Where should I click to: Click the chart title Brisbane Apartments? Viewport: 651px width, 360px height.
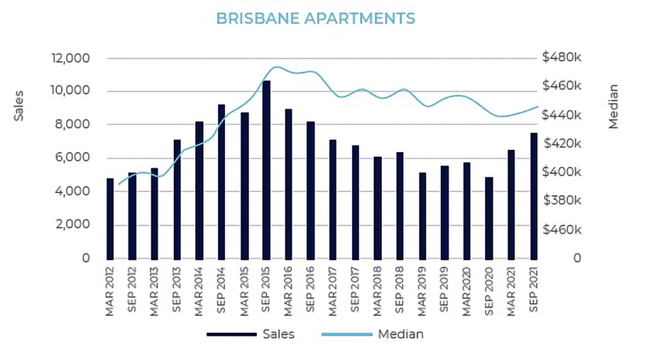pyautogui.click(x=315, y=18)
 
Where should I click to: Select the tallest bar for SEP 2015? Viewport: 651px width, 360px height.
pyautogui.click(x=266, y=170)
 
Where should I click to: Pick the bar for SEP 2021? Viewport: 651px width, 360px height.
pyautogui.click(x=534, y=196)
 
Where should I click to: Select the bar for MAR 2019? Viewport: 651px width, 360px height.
pyautogui.click(x=422, y=216)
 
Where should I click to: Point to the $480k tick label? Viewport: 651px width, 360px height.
pyautogui.click(x=562, y=58)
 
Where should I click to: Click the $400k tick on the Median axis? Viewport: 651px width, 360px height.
pyautogui.click(x=562, y=173)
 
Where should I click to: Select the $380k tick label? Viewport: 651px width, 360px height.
pyautogui.click(x=562, y=201)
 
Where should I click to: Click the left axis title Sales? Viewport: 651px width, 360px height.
pyautogui.click(x=19, y=105)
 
